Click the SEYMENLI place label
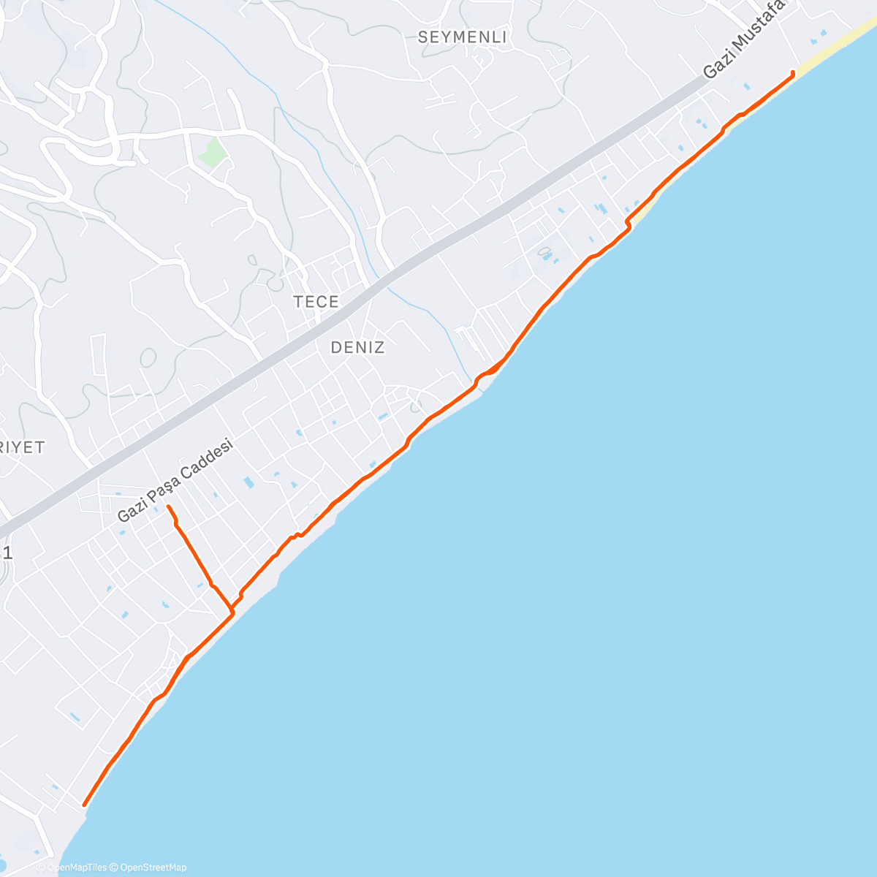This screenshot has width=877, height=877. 462,37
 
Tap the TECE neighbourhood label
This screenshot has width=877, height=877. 316,301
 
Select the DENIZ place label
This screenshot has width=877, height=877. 357,347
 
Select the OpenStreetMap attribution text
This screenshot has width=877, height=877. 153,867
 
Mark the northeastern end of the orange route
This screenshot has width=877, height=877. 794,72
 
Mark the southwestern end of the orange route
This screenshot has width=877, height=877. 84,805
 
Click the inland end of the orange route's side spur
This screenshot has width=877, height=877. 168,506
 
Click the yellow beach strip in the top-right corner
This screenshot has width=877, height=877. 840,45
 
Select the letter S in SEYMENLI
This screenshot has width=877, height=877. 423,37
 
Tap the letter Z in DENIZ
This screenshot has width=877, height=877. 379,347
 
